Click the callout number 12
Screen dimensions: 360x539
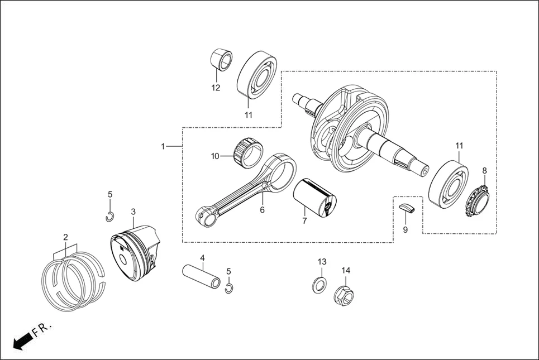pyautogui.click(x=216, y=88)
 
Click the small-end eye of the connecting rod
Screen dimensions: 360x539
pyautogui.click(x=206, y=216)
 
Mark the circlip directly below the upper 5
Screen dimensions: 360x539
pyautogui.click(x=111, y=217)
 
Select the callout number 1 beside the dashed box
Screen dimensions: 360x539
pyautogui.click(x=163, y=146)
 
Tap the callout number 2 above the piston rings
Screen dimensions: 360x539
pyautogui.click(x=65, y=237)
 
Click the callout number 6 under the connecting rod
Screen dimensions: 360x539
pyautogui.click(x=262, y=210)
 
